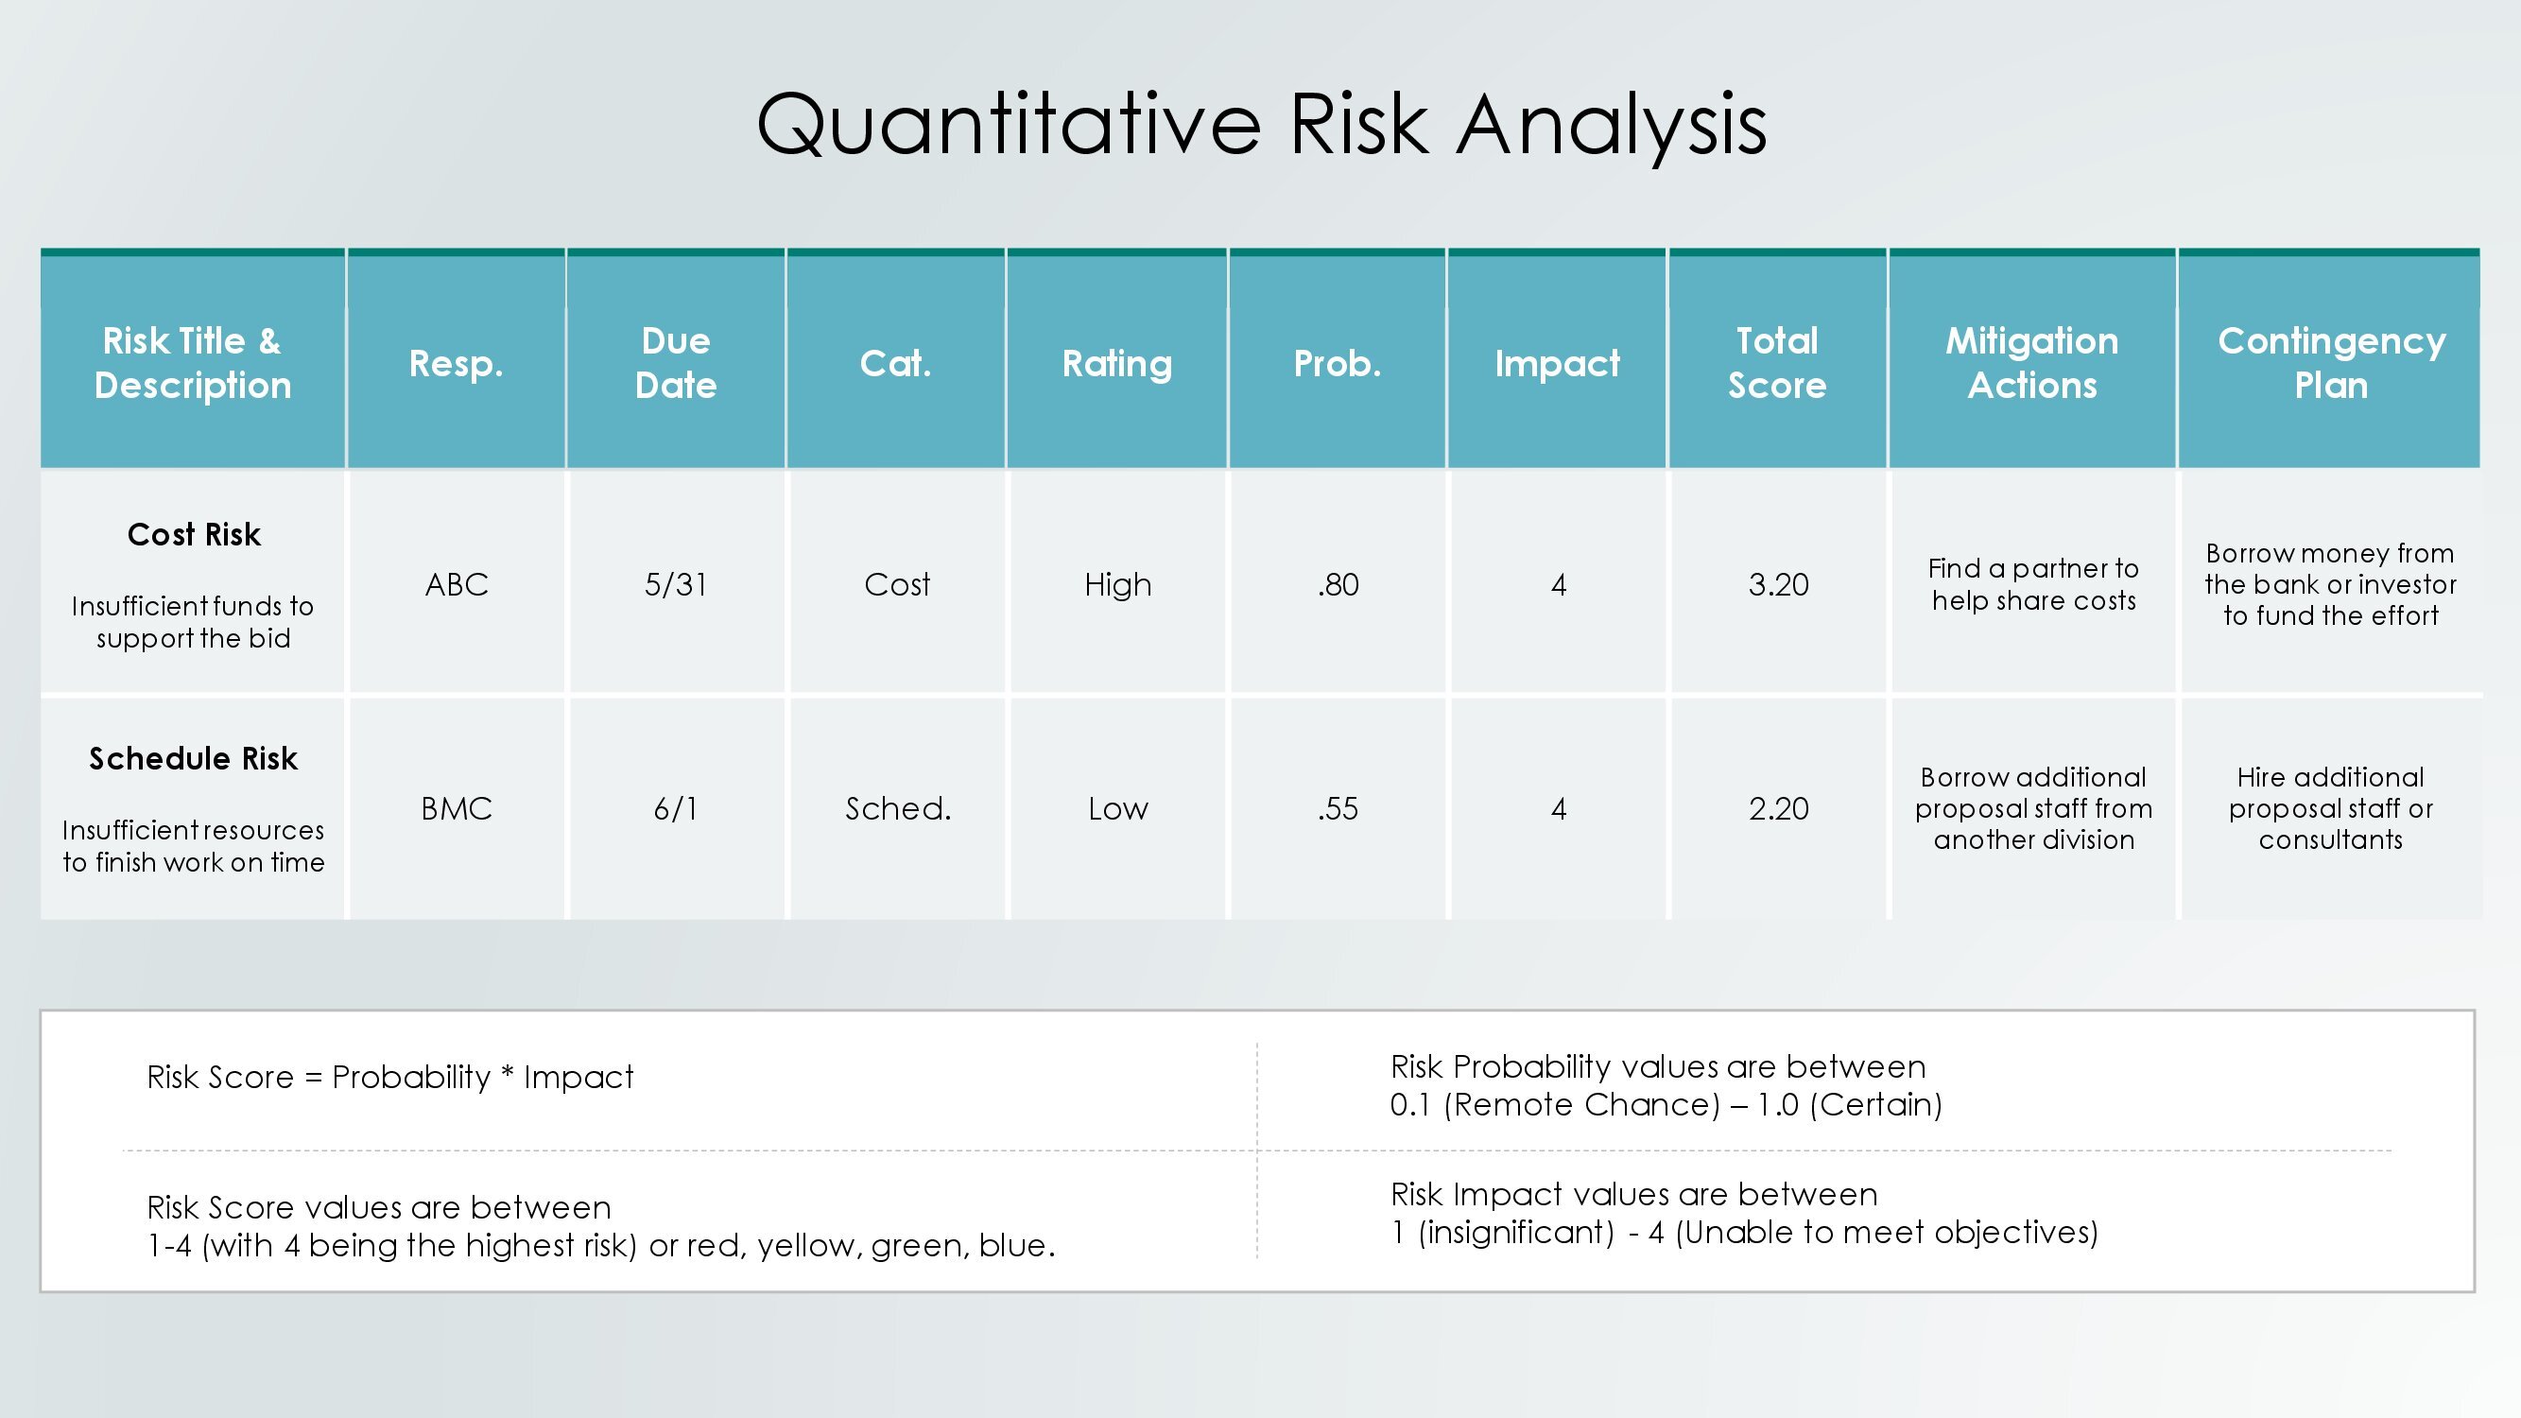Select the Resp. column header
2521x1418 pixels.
[456, 364]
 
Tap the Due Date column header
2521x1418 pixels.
[675, 363]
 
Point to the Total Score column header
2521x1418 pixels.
[1777, 363]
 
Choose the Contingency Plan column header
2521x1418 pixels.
[2331, 363]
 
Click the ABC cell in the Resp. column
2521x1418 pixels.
[456, 584]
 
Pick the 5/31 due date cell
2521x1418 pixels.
[675, 584]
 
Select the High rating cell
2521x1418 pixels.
[1117, 585]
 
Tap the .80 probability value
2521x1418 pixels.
[1338, 585]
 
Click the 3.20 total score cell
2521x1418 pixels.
[1778, 585]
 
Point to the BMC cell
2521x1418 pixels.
[456, 808]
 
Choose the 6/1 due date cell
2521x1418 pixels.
[675, 808]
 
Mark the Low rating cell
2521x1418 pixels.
[1117, 808]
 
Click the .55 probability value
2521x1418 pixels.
[1338, 809]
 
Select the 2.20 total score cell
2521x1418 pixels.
[1778, 809]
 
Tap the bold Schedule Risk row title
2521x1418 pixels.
[193, 758]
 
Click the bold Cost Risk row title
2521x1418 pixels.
[194, 534]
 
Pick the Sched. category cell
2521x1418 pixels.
[897, 808]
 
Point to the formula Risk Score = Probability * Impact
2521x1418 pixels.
[389, 1078]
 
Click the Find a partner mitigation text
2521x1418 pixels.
[2033, 584]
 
